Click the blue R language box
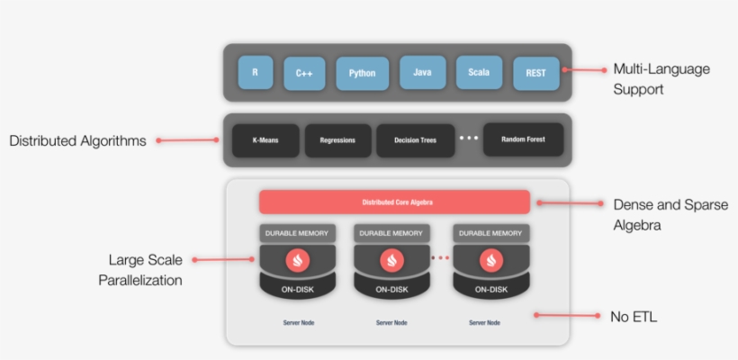click(256, 72)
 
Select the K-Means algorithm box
click(265, 140)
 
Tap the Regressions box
click(337, 140)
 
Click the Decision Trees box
click(415, 140)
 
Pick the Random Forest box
click(523, 139)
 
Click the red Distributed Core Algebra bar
click(394, 202)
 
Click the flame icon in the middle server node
click(391, 261)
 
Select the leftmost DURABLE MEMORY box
click(298, 232)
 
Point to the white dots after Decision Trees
click(468, 139)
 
